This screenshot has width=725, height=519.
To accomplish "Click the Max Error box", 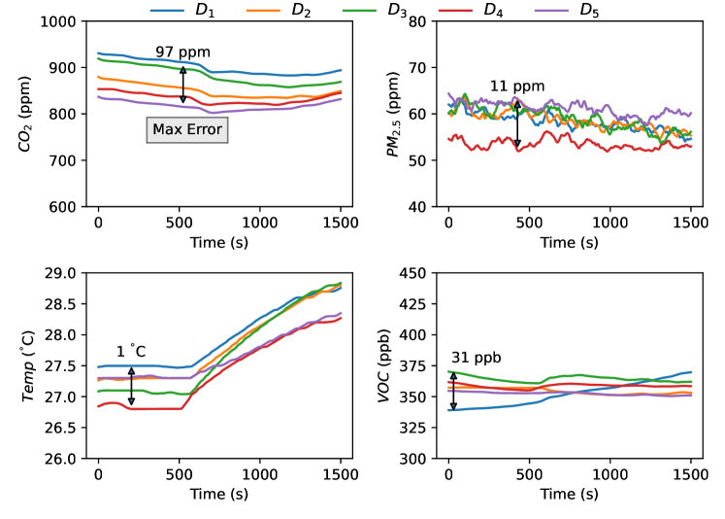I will [186, 129].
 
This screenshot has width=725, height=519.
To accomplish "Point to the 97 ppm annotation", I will [182, 52].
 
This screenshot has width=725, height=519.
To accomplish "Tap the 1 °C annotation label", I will [131, 351].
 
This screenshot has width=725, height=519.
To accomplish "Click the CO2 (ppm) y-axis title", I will [25, 113].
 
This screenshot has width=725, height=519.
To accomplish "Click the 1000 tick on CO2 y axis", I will [60, 21].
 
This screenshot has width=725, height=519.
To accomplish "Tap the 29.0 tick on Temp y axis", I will [61, 273].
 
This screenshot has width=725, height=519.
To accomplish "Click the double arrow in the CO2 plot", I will [182, 84].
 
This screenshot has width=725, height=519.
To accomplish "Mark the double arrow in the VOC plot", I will [452, 391].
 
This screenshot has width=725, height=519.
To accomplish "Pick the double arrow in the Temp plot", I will [131, 385].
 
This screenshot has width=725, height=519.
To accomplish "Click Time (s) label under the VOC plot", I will [569, 494].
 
